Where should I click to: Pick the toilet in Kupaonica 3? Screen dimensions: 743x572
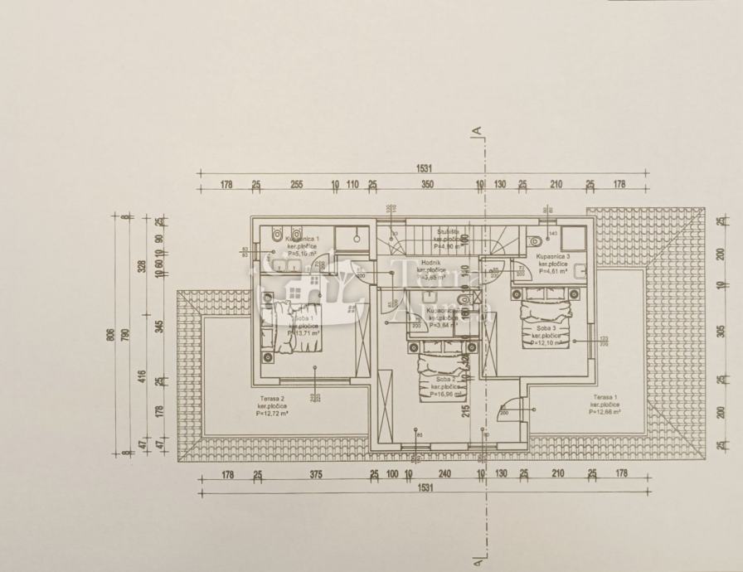(x=535, y=240)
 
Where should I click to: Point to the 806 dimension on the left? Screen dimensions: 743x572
(x=110, y=335)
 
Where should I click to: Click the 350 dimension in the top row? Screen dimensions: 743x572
(x=425, y=184)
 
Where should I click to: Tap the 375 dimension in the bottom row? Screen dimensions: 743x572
(x=315, y=474)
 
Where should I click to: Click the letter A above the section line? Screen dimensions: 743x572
(x=477, y=129)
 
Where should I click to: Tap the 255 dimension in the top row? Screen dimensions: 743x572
(x=297, y=184)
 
